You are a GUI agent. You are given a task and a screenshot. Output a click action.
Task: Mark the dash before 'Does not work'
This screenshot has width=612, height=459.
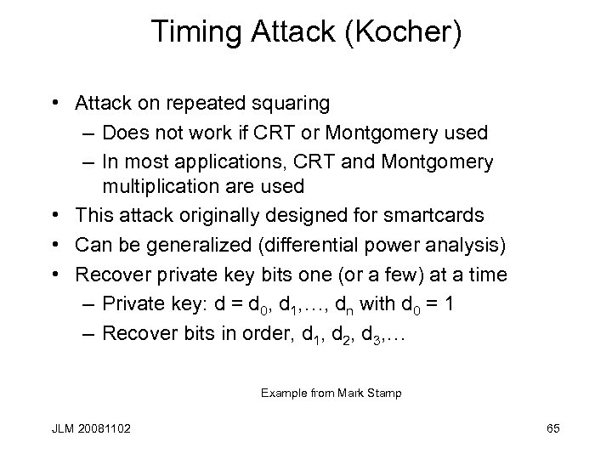tap(90, 133)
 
